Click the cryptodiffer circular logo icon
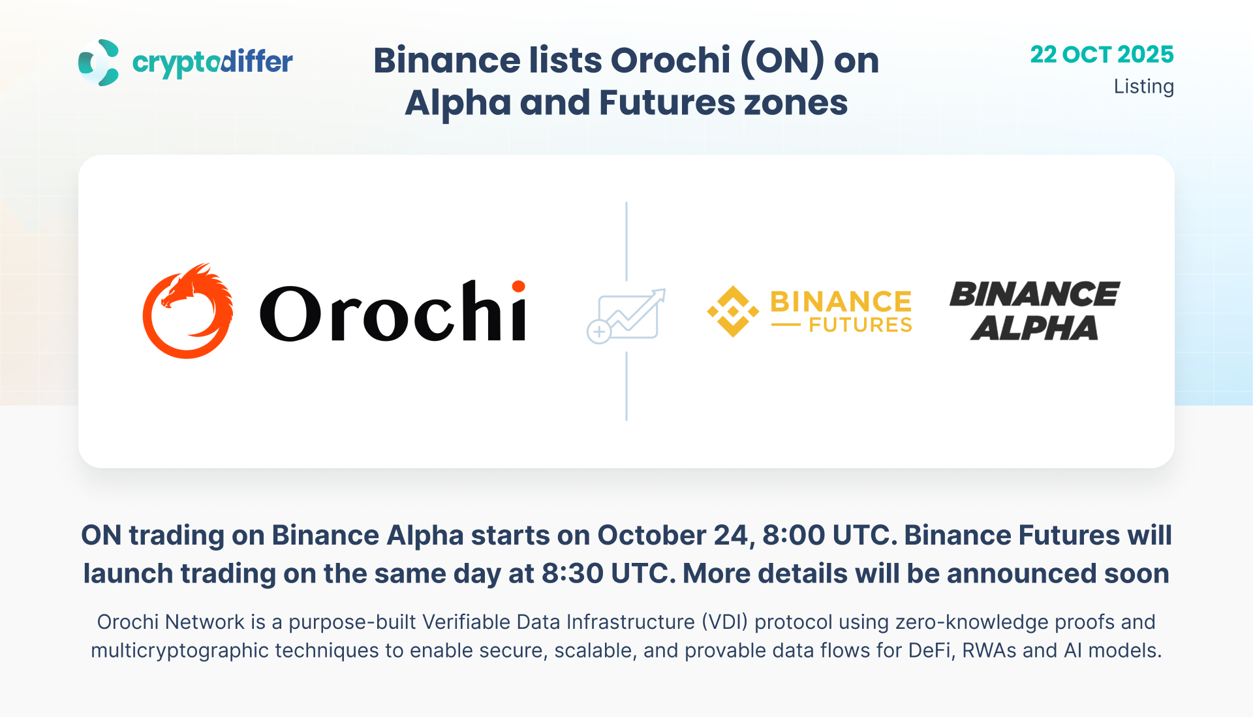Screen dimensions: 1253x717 coord(99,63)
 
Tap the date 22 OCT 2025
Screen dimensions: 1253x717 coord(1102,54)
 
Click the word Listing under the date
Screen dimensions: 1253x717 coord(1143,87)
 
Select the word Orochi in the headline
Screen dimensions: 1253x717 coord(670,60)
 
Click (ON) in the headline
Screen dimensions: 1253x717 coord(782,60)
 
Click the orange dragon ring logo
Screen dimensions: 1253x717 coord(188,311)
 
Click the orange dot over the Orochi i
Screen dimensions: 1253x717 coord(519,287)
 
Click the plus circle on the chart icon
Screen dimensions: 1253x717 coord(598,332)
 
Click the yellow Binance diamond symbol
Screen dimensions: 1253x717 coord(733,311)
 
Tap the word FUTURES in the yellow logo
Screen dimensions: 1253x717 coord(860,325)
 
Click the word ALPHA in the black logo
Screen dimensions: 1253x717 coord(1034,328)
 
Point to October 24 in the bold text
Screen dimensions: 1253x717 coord(672,535)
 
